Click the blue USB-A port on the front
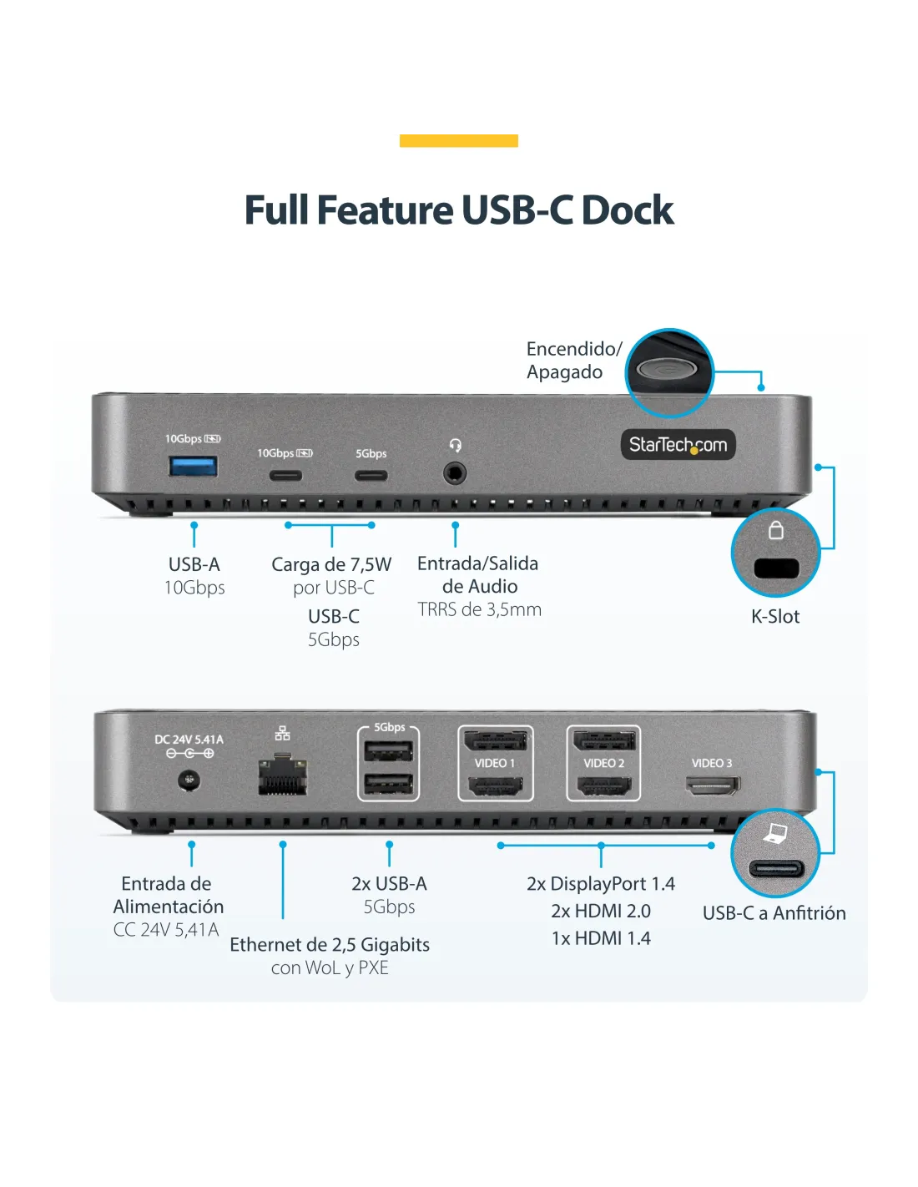(x=193, y=467)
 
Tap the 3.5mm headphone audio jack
(x=455, y=473)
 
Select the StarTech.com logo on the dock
(x=678, y=445)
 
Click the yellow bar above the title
(x=459, y=141)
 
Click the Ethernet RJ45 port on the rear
(x=282, y=775)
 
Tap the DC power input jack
(x=189, y=780)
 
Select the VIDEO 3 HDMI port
(x=714, y=785)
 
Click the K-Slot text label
(x=775, y=616)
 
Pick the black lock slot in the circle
(x=776, y=568)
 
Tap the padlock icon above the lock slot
(x=776, y=530)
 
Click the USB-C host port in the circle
(x=776, y=868)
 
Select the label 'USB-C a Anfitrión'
(x=774, y=912)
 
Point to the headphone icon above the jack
(x=456, y=445)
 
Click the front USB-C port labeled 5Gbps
(x=371, y=475)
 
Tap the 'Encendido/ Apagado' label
(x=574, y=361)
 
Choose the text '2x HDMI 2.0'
(x=601, y=912)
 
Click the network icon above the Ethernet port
(x=282, y=733)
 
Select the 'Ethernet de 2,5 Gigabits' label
(x=330, y=944)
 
